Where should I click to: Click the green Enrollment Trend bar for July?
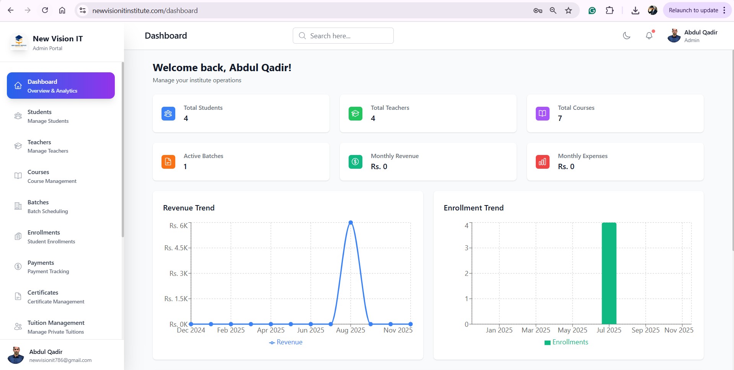point(609,273)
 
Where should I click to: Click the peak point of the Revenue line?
point(351,223)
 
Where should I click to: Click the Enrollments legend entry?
point(566,342)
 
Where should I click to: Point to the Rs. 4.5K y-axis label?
point(176,248)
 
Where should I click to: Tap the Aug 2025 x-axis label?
point(351,330)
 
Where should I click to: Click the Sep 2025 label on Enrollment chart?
point(645,330)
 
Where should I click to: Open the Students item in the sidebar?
point(39,116)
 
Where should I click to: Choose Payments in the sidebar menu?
point(41,267)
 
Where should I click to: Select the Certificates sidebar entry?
point(43,297)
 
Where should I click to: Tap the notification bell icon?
point(649,36)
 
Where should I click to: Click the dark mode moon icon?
point(626,36)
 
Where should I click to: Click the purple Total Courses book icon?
point(542,114)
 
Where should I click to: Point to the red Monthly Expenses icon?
point(542,162)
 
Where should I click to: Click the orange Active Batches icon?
point(168,162)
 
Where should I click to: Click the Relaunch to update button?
point(693,10)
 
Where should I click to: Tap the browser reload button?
point(45,10)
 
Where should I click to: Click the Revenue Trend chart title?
point(189,208)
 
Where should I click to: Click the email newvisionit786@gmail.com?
point(60,360)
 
